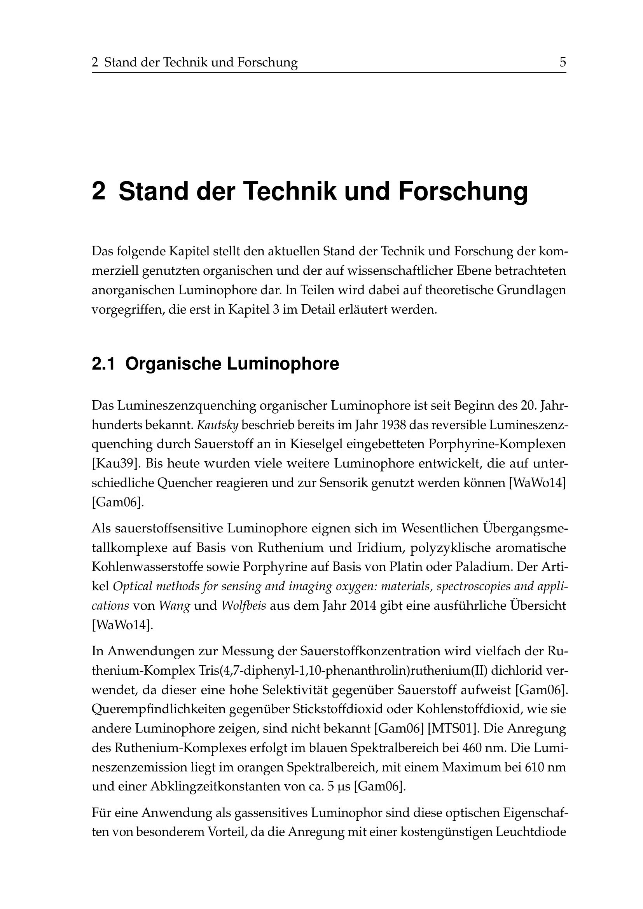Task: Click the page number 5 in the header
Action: click(x=562, y=63)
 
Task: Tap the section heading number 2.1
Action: click(x=103, y=364)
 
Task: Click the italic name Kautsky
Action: click(x=217, y=425)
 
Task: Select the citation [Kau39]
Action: click(x=115, y=463)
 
